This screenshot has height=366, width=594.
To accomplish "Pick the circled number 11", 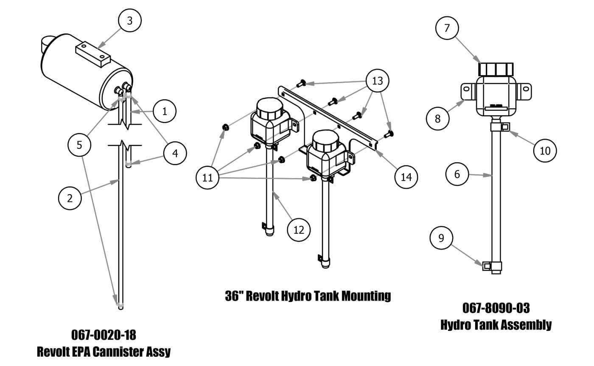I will (x=208, y=178).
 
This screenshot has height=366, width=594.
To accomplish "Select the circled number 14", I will (x=406, y=176).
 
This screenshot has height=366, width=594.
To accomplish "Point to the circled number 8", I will (x=438, y=118).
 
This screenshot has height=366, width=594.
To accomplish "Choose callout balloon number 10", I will (x=545, y=150).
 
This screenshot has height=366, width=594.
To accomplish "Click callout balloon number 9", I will (x=441, y=238).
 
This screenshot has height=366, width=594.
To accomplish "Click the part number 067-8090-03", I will (x=496, y=308).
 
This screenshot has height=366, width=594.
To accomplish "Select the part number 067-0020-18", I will (x=104, y=335).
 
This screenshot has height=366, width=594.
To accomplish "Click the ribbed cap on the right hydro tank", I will (x=496, y=69).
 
